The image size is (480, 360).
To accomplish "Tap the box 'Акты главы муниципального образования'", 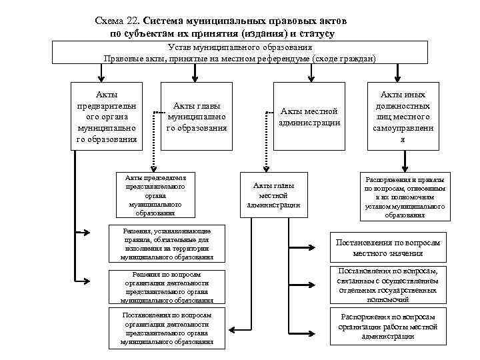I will coord(197,116).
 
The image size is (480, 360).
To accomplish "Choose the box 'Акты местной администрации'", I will coord(311,116).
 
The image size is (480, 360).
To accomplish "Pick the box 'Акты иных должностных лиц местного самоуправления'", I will coord(402,117).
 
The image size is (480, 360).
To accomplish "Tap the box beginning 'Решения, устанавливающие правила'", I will coord(167,243).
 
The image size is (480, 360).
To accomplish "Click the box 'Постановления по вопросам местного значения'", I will coord(388,248).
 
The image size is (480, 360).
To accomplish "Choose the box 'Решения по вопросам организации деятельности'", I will coord(167,287).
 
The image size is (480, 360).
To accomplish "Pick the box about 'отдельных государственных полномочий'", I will coord(388,286).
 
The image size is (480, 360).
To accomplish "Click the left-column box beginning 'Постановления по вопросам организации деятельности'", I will coord(167,328).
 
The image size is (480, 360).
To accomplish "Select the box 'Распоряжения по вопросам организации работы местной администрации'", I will coord(388,326).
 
